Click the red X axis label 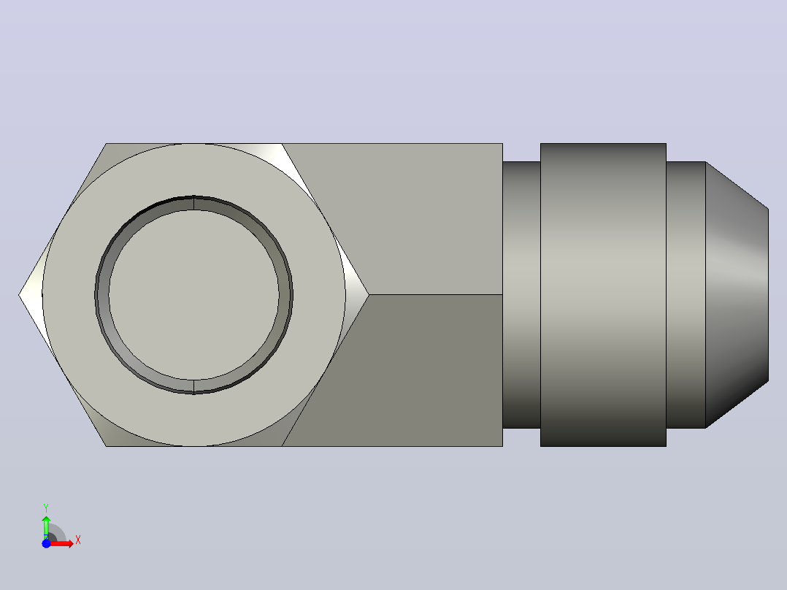pyautogui.click(x=78, y=540)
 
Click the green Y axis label pyautogui.click(x=46, y=507)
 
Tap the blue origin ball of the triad pyautogui.click(x=46, y=543)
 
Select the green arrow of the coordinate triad pyautogui.click(x=46, y=527)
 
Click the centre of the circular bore pyautogui.click(x=193, y=295)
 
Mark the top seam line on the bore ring pyautogui.click(x=193, y=203)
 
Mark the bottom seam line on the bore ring pyautogui.click(x=193, y=386)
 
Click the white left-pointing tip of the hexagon pyautogui.click(x=30, y=295)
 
